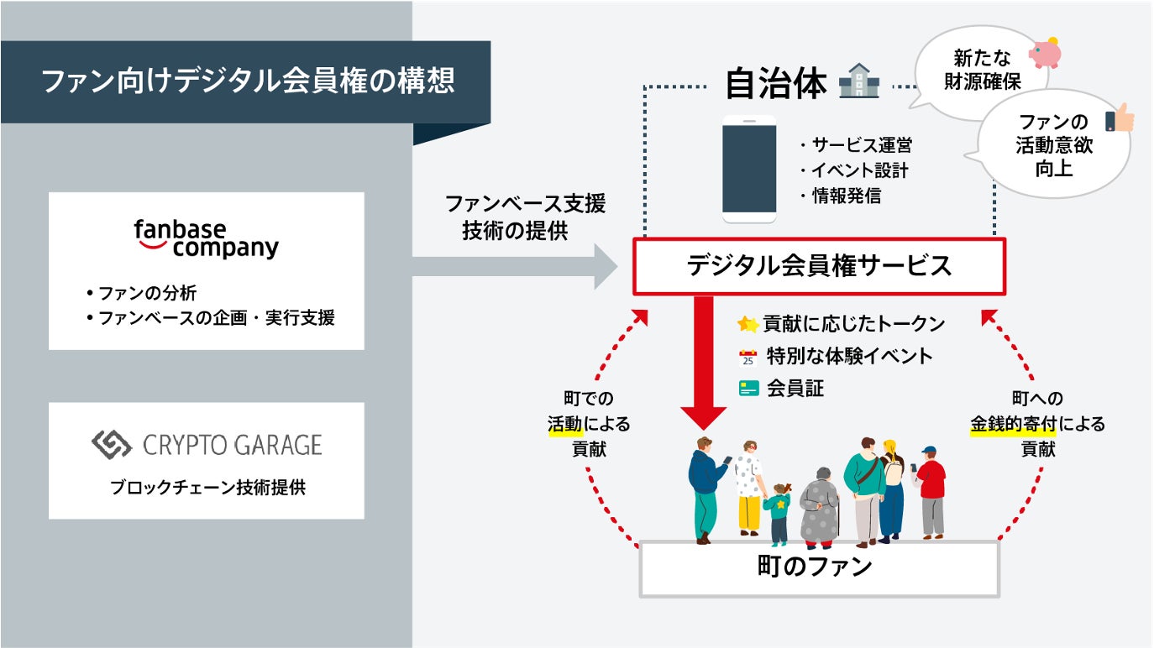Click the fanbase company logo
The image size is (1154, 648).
206,238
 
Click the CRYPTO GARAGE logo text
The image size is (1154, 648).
207,444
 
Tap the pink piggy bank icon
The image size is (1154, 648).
1045,52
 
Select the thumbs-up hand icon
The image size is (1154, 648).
1119,120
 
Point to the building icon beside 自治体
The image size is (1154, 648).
858,82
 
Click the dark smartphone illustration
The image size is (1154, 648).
749,170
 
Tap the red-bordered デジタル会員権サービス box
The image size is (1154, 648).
819,266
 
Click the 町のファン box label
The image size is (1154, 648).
819,567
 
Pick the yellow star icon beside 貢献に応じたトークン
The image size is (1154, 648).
747,324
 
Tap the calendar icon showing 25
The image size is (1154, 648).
747,357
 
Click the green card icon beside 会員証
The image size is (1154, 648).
748,389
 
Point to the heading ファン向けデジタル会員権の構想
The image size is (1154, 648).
248,82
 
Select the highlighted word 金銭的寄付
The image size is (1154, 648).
1012,424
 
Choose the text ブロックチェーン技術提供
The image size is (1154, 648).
207,487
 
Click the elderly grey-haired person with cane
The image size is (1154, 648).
819,508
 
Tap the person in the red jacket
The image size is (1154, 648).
931,491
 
